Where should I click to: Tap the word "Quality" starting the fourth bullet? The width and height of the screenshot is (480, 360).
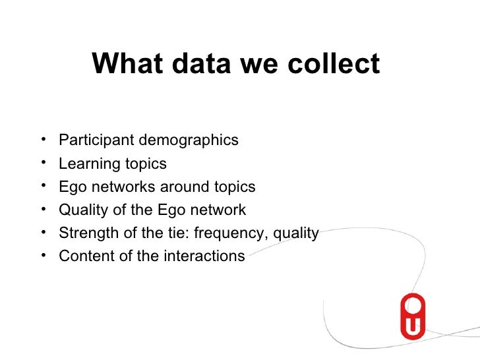pos(80,210)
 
